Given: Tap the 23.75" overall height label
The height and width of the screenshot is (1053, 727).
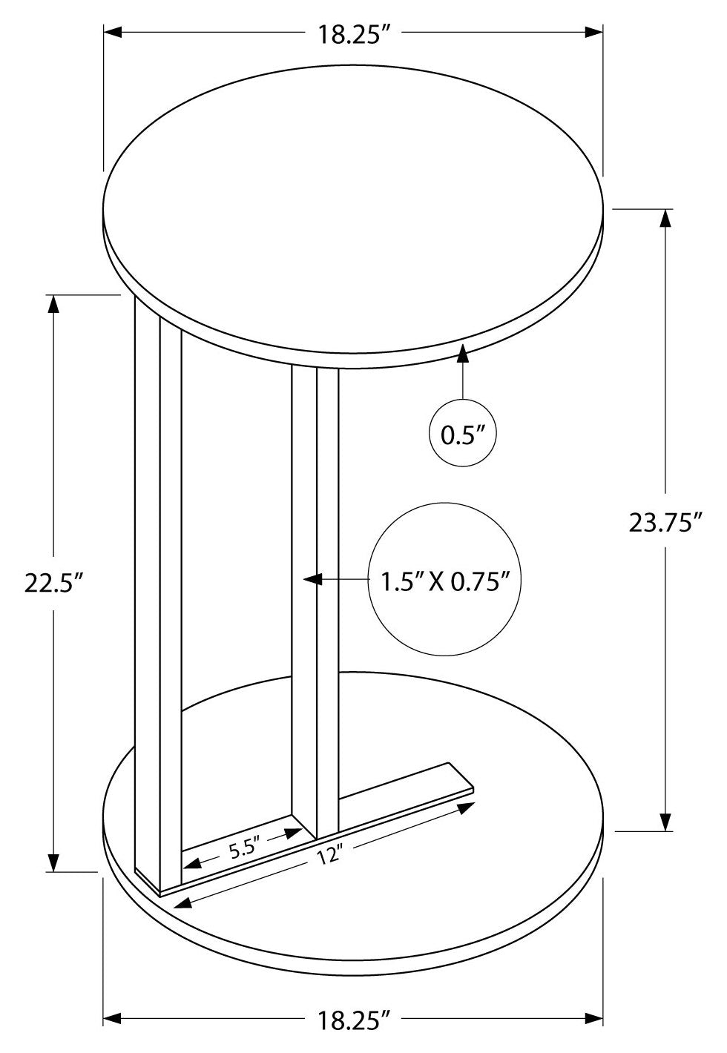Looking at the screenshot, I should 665,524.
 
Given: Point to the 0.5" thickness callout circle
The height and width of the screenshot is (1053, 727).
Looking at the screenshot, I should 463,434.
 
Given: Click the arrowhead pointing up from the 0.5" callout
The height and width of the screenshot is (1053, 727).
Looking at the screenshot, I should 464,352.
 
